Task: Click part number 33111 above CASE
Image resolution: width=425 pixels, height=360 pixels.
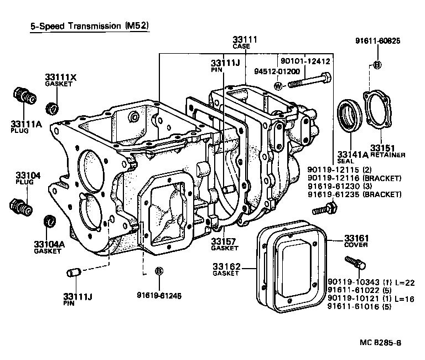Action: coord(245,39)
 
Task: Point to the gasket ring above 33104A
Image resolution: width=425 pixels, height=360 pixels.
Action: coord(49,221)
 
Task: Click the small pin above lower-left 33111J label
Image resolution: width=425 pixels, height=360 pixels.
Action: coord(74,272)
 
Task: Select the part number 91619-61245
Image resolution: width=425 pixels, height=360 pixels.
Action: coord(160,295)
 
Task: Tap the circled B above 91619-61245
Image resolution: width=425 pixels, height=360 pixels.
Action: coord(159,271)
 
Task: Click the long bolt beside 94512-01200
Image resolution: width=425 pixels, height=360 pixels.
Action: coord(309,82)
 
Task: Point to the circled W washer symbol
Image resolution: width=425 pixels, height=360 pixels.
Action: coord(278,86)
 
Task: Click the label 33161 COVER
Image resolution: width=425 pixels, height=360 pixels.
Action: coord(356,242)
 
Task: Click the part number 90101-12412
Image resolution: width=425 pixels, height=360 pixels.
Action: coord(305,61)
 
